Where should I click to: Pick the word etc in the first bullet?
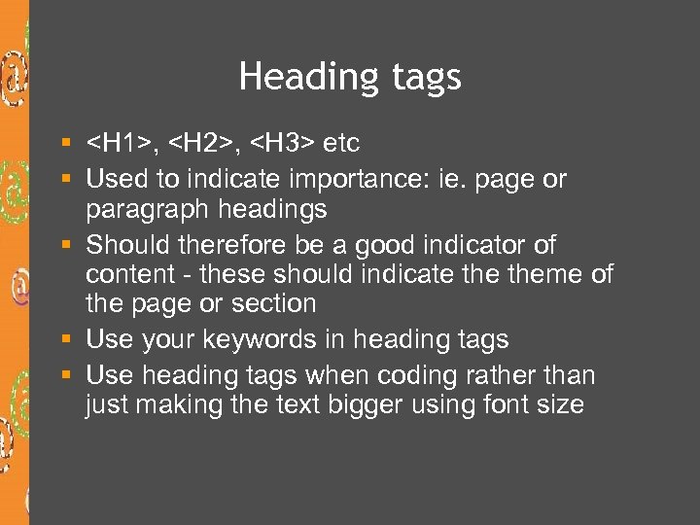[x=340, y=144]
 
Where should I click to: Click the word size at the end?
[x=559, y=404]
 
